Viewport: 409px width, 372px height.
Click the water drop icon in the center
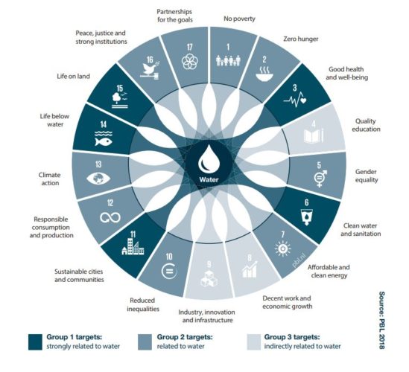click(x=209, y=159)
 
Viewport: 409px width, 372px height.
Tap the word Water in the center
click(x=209, y=179)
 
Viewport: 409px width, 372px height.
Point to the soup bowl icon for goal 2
click(x=264, y=74)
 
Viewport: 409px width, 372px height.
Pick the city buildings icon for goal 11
click(x=133, y=246)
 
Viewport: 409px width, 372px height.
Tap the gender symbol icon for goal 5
click(x=320, y=178)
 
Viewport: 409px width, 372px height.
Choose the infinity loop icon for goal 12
click(x=110, y=217)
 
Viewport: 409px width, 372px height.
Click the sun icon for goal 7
click(x=282, y=248)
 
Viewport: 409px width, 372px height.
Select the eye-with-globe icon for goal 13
click(x=98, y=179)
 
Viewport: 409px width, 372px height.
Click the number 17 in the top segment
click(x=190, y=47)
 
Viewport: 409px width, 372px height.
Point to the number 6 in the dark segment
click(x=306, y=202)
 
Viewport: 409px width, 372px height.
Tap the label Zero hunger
click(x=301, y=39)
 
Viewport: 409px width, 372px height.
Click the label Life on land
click(x=73, y=77)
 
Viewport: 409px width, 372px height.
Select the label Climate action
click(x=50, y=179)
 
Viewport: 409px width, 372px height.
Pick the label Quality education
click(x=366, y=125)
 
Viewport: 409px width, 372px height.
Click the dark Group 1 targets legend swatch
click(x=35, y=341)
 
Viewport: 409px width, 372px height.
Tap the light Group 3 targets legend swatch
click(x=254, y=341)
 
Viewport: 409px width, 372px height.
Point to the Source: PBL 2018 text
click(x=381, y=320)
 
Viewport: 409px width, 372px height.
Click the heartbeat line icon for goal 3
click(x=295, y=100)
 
